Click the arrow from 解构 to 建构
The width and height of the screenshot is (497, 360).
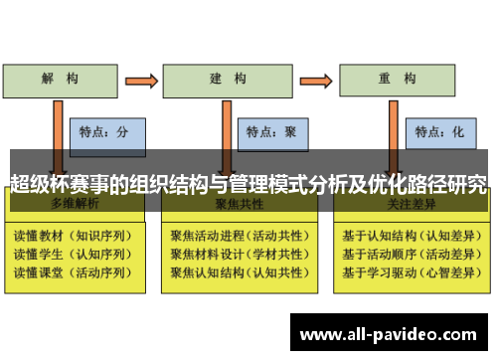pyautogui.click(x=142, y=78)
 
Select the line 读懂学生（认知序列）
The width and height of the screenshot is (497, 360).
pyautogui.click(x=71, y=255)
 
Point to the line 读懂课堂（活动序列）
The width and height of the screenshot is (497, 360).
pyautogui.click(x=71, y=270)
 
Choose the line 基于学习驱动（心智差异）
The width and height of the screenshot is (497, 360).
pyautogui.click(x=408, y=270)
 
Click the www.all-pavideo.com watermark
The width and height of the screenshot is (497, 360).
pyautogui.click(x=388, y=334)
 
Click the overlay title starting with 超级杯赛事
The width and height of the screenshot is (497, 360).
pyautogui.click(x=248, y=183)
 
